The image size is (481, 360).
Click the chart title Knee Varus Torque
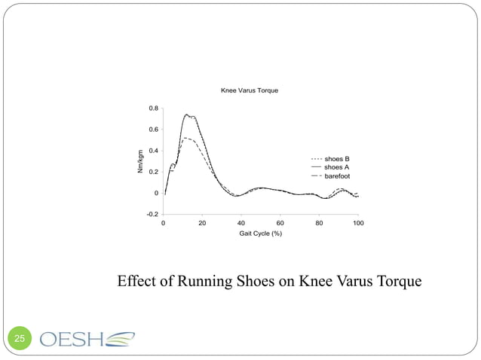[249, 90]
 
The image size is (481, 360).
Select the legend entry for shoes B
[336, 159]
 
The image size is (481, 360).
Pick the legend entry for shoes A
[336, 167]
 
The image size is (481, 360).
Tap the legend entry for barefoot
[337, 175]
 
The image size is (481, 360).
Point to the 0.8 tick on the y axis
[153, 108]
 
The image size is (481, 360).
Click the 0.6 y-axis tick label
[153, 130]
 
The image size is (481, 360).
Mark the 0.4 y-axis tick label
[153, 151]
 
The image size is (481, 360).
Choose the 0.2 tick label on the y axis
[153, 172]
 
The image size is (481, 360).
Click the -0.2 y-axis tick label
[152, 214]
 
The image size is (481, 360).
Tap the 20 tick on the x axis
[203, 223]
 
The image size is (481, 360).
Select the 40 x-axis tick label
[241, 223]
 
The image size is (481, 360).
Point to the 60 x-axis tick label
[280, 223]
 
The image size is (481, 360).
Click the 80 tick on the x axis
[319, 223]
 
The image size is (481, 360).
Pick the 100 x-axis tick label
[358, 223]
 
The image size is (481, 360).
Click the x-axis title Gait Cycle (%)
[260, 234]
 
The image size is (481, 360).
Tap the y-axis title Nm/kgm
[139, 161]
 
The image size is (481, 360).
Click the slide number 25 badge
[18, 339]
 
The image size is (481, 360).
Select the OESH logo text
[74, 339]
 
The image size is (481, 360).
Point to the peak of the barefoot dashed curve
[186, 138]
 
